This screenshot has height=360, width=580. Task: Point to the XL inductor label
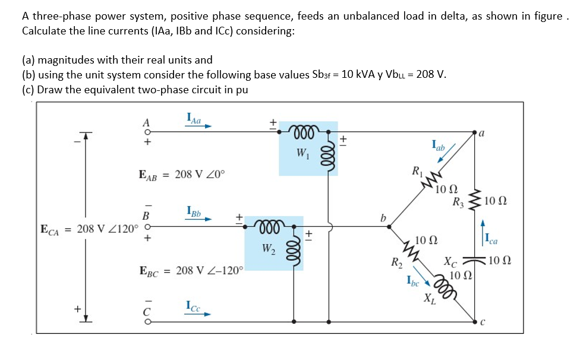pos(428,299)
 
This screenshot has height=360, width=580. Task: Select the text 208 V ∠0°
pos(200,175)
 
